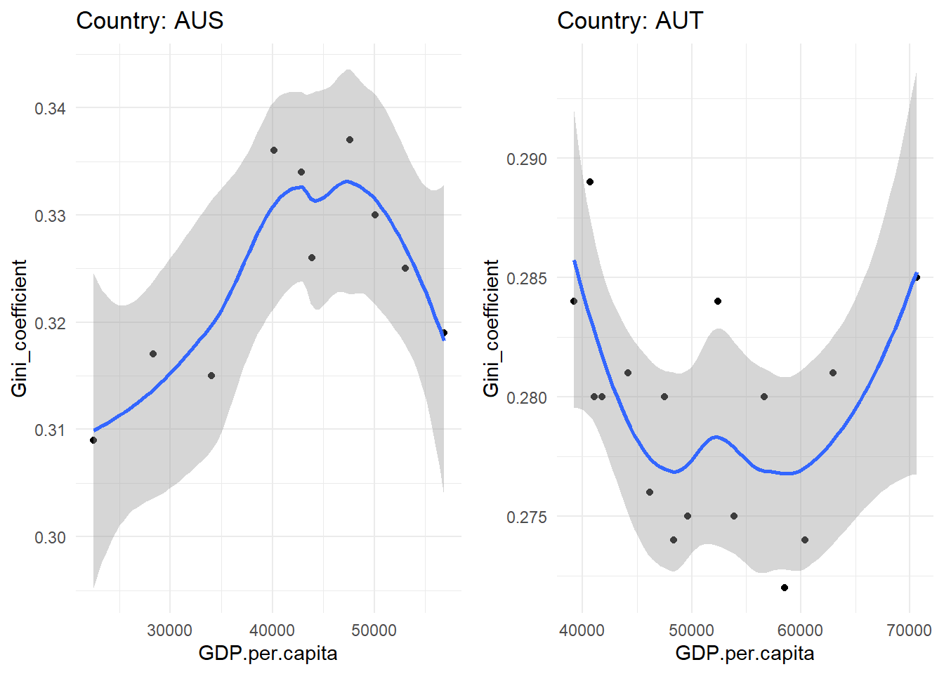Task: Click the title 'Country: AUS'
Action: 150,20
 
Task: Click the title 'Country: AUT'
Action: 629,20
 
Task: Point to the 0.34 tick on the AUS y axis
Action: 50,108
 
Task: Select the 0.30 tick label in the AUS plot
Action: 50,537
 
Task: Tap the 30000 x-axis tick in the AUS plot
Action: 170,630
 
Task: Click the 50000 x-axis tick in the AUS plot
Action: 374,630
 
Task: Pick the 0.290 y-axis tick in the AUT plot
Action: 526,159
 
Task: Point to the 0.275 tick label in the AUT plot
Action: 526,517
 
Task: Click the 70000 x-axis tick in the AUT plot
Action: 909,630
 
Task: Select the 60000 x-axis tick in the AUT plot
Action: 800,630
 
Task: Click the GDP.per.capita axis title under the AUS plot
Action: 268,654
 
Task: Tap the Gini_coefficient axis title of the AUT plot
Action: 491,328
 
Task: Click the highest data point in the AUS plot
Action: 350,140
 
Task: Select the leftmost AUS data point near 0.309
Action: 93,440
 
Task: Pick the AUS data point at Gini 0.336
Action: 274,150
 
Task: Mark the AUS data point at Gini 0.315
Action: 211,376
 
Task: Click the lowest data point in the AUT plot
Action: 785,588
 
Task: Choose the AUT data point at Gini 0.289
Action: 590,182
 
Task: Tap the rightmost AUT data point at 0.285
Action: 917,277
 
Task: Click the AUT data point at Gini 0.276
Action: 650,492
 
